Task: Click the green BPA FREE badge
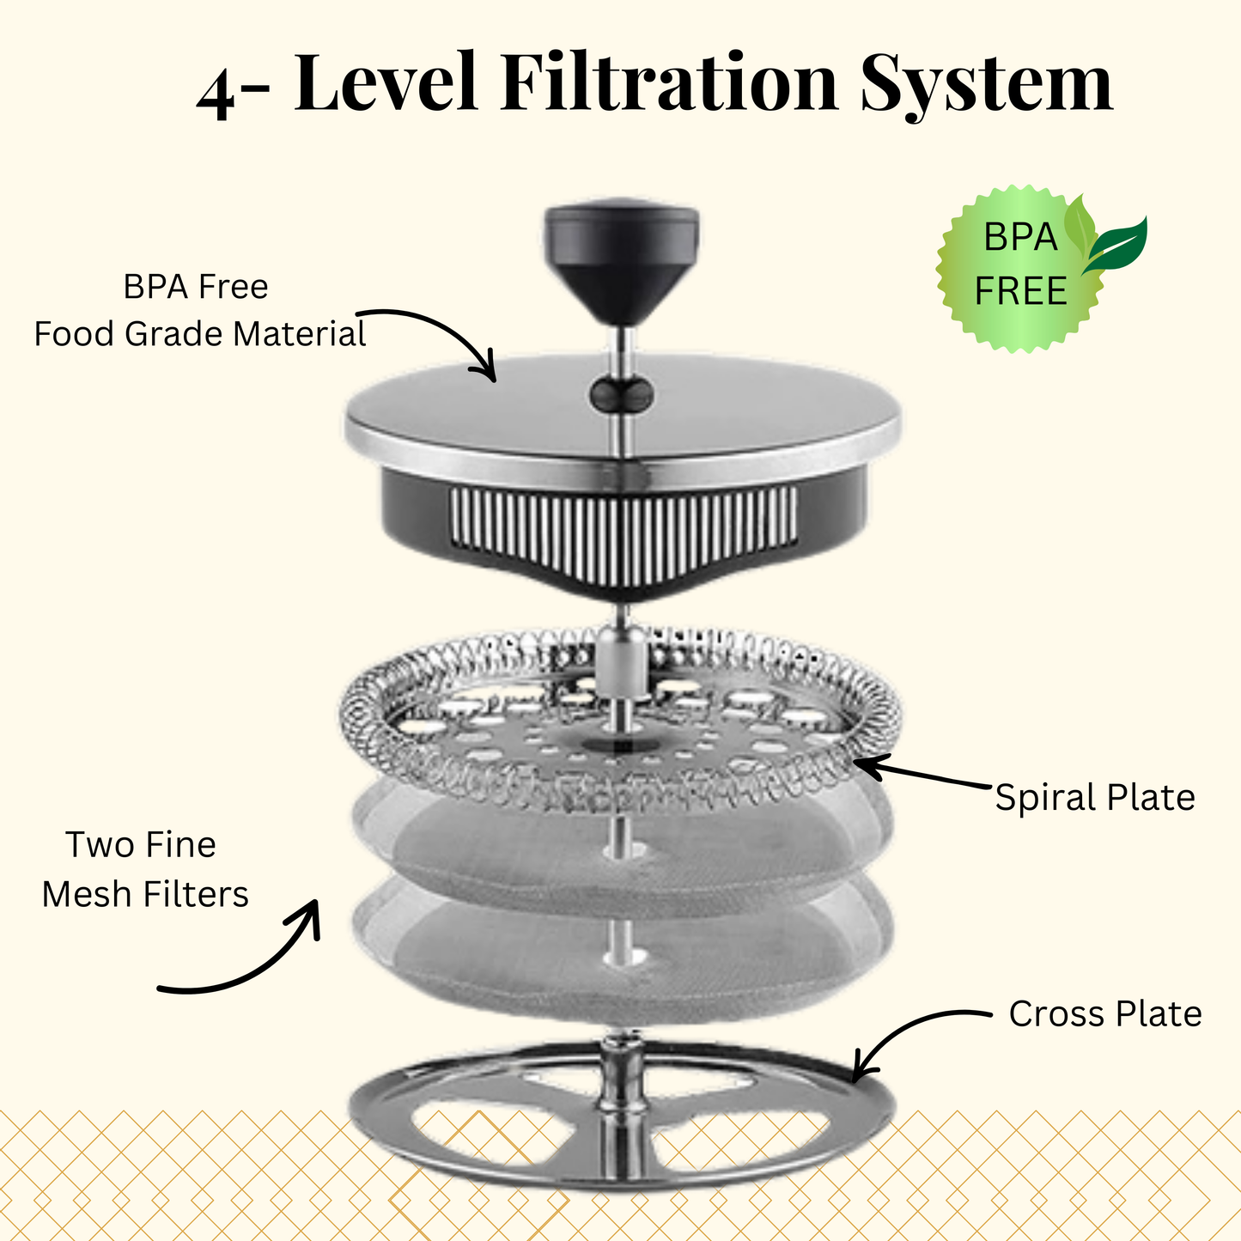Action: pos(1019,266)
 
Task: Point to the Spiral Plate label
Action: pos(1094,797)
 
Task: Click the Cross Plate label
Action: pos(1104,1013)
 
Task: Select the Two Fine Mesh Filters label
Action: pos(144,869)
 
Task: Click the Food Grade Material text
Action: pos(199,333)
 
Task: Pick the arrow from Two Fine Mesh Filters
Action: pos(249,962)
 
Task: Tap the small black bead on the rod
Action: pos(622,394)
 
